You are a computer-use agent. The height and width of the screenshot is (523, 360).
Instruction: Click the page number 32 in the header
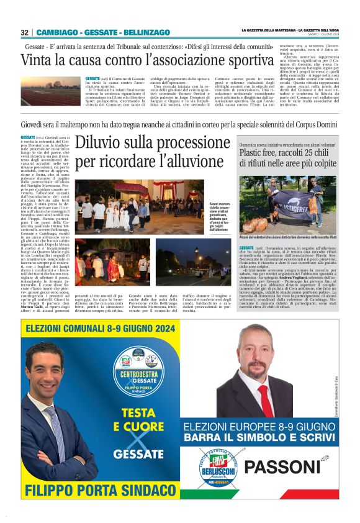pyautogui.click(x=24, y=32)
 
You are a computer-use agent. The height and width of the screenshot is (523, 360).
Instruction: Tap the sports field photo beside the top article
pyautogui.click(x=52, y=89)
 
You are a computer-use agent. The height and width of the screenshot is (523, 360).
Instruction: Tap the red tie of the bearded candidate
pyautogui.click(x=265, y=396)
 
